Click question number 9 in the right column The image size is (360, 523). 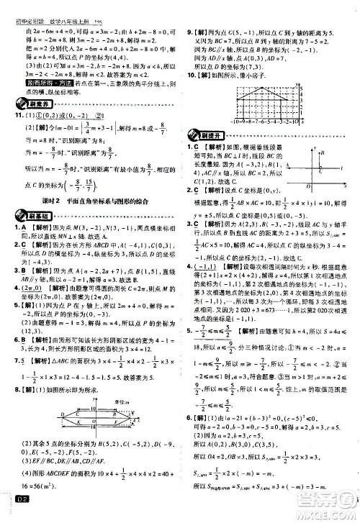click(x=190, y=32)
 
